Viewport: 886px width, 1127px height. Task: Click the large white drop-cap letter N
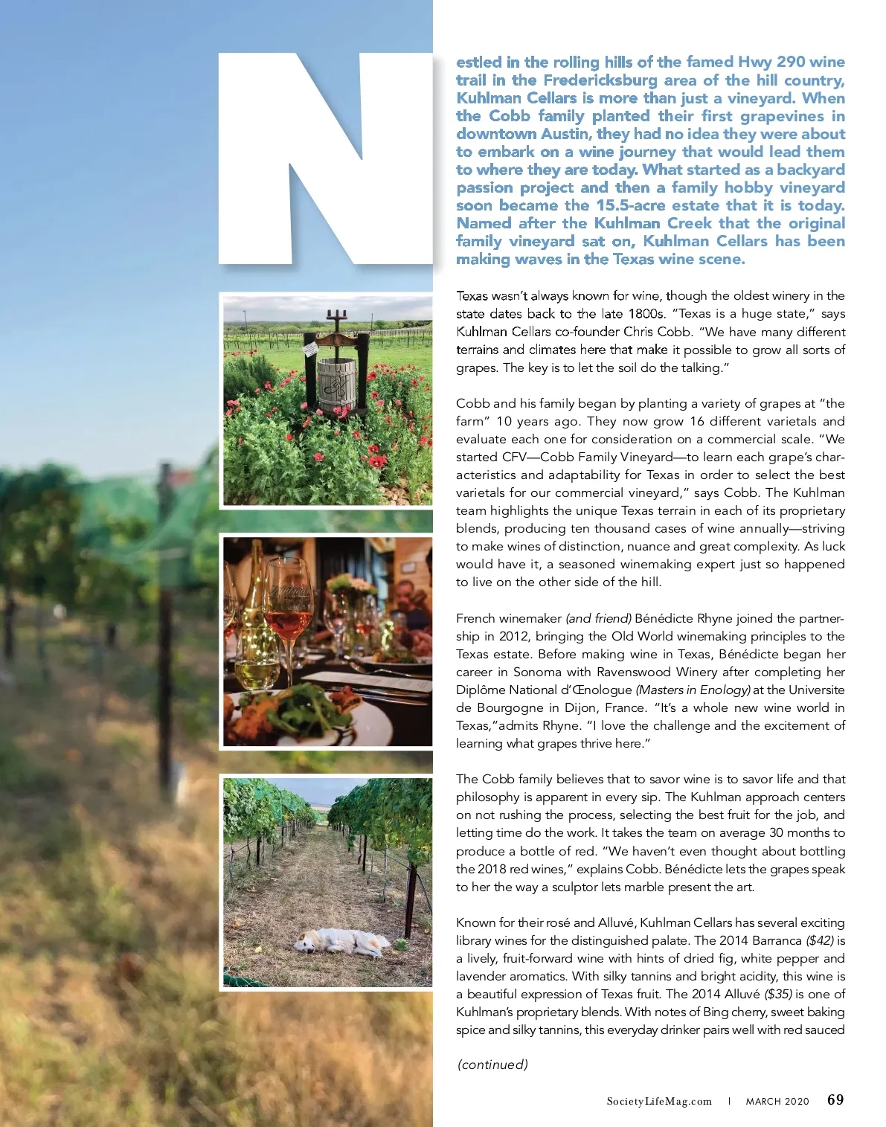[x=325, y=160]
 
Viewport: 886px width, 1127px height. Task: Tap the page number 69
[x=835, y=1099]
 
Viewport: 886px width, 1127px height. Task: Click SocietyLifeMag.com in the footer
[x=658, y=1101]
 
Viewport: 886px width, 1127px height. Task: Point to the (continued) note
[x=492, y=1064]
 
